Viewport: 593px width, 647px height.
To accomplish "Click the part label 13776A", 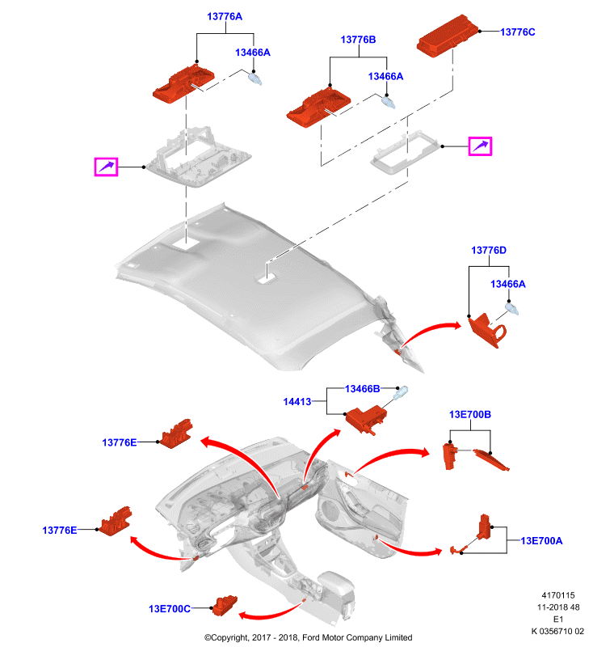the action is coord(225,16).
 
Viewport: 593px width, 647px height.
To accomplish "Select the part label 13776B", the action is coord(358,40).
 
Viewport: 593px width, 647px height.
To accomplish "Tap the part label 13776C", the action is coord(518,32).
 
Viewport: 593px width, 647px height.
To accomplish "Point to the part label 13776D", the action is coord(489,251).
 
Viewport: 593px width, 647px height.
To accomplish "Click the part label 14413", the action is coord(297,401).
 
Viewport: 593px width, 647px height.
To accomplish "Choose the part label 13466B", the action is coord(362,389).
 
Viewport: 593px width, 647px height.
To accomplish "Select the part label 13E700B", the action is coord(470,414).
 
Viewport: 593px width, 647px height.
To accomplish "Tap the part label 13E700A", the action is coord(541,540).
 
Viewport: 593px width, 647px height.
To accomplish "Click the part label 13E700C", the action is coord(170,609).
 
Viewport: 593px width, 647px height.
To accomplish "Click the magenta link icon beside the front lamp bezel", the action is coord(107,167).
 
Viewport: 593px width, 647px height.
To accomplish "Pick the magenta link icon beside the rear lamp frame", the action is coord(480,146).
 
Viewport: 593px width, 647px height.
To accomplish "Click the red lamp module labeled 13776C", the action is coord(448,35).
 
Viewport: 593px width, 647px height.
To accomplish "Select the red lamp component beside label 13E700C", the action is coord(225,605).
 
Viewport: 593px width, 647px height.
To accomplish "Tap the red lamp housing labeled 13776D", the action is coord(487,330).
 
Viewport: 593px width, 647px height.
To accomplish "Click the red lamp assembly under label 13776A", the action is coord(183,83).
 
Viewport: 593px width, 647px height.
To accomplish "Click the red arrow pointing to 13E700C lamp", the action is coord(271,612).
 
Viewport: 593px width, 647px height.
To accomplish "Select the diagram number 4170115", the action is coord(558,595).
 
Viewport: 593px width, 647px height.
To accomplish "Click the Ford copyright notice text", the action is coord(309,637).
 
